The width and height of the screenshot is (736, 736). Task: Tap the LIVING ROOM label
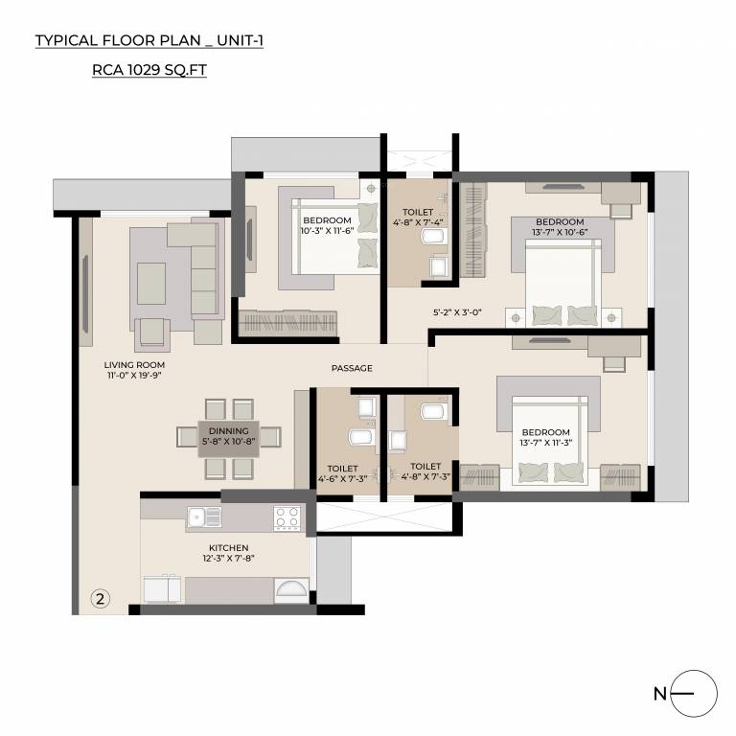tap(135, 365)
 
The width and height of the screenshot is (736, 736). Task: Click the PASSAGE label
tap(352, 368)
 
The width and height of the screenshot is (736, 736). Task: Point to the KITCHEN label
tap(227, 548)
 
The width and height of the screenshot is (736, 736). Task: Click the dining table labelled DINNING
tap(228, 437)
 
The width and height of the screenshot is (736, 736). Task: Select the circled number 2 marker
tap(100, 597)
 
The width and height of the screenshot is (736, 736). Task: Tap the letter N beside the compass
tap(659, 694)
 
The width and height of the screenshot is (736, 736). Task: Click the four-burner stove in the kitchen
tap(287, 517)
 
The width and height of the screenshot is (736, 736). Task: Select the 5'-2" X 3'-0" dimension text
tap(456, 311)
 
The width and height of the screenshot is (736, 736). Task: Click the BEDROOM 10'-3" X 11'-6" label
tap(326, 224)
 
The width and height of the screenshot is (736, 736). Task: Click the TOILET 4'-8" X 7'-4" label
tap(419, 218)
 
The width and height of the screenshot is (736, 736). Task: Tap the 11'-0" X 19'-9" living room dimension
tap(135, 377)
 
